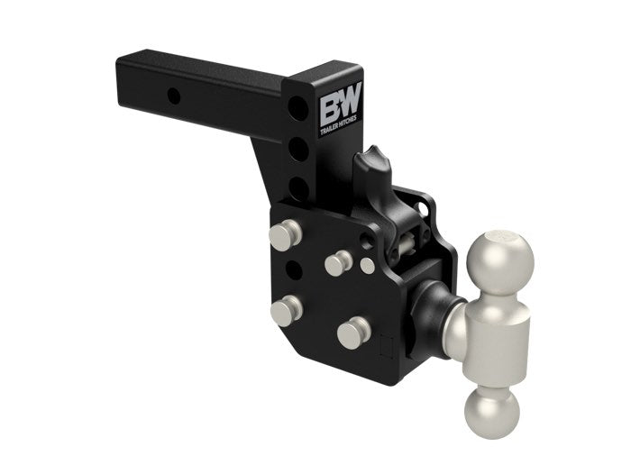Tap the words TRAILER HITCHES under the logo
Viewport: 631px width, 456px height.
(339, 128)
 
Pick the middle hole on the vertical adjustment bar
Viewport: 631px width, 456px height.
(297, 149)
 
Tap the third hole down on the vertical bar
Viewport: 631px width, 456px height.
(297, 187)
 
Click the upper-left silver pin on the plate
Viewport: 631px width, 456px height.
(285, 236)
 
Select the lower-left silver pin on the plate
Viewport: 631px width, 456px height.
(286, 310)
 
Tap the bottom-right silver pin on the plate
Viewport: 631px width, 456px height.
(352, 333)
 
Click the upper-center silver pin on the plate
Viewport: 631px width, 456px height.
(338, 262)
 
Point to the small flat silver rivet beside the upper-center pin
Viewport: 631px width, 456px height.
(367, 265)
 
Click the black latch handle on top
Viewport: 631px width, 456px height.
(371, 175)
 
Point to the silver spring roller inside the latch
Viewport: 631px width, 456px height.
(409, 242)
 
